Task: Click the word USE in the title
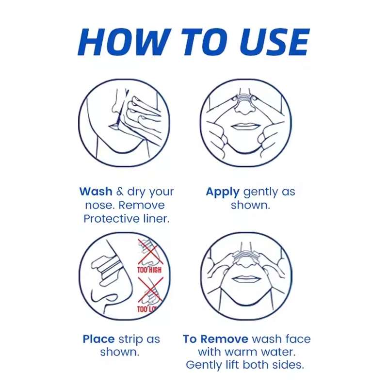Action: (274, 42)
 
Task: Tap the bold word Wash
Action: (96, 192)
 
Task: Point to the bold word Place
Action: (98, 339)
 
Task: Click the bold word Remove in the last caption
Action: (224, 339)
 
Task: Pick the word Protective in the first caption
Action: (112, 219)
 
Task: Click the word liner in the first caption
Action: (156, 219)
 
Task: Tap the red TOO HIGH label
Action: (149, 270)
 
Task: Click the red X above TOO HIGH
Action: (149, 252)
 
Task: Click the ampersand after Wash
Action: (120, 192)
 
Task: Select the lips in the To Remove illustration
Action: (246, 279)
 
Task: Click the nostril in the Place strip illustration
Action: (109, 297)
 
